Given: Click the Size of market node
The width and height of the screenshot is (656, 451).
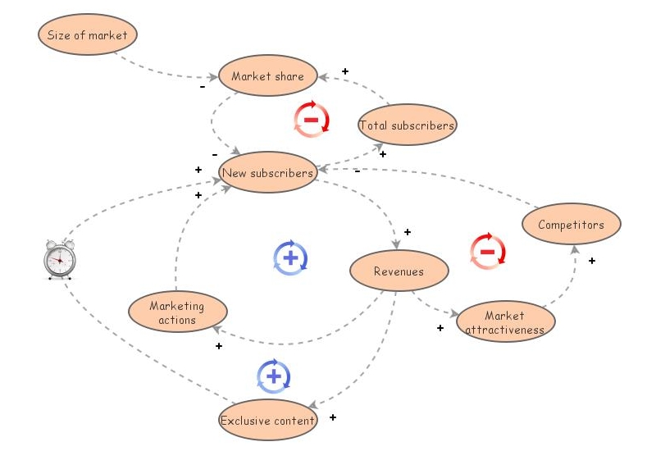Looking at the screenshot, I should point(88,35).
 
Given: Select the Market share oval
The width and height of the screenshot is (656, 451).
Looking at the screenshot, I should point(267,76).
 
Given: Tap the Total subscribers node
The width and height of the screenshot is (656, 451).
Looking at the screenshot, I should point(407,125).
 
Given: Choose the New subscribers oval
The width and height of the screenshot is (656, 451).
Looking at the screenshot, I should point(267,173).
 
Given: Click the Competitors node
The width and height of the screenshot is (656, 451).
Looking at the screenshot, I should point(571,225).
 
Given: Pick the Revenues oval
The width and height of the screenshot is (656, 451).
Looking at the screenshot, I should point(399,271).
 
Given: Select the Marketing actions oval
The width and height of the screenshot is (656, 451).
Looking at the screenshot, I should point(177,312).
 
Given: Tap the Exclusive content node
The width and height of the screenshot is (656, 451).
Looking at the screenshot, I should point(267,421).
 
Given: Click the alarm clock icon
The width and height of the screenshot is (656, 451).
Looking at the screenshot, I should point(59,259).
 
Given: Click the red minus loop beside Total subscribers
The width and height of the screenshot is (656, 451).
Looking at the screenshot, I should point(312,119).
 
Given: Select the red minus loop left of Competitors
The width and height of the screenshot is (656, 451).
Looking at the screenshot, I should point(487,251).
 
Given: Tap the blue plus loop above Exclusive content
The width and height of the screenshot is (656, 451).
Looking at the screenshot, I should point(274,376).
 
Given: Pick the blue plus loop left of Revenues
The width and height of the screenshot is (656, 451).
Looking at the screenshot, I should point(290,257).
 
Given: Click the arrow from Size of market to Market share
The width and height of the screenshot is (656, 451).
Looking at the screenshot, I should point(164,71).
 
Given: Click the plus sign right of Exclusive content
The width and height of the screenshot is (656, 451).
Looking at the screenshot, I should point(333,417).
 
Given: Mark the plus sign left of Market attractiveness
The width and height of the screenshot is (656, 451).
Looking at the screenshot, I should point(440,328).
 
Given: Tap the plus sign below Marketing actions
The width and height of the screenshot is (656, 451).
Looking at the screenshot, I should point(219,346).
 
